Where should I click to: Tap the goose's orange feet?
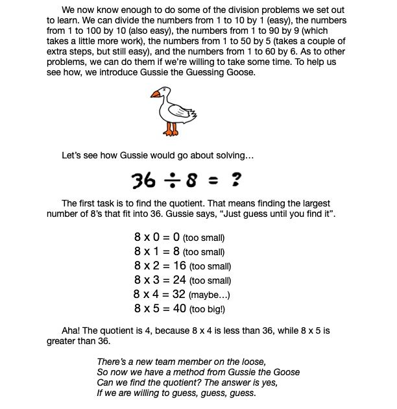tap(172, 131)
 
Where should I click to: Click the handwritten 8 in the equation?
tap(192, 179)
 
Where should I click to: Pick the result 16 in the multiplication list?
tap(180, 266)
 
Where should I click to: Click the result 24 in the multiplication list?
tap(180, 280)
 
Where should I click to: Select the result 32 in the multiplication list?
tap(179, 294)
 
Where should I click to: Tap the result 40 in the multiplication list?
tap(180, 308)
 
